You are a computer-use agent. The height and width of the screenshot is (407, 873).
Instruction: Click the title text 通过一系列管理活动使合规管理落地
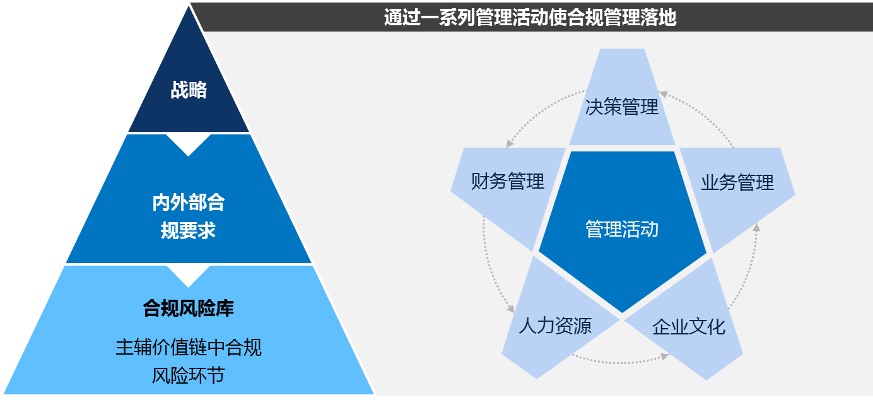pyautogui.click(x=530, y=18)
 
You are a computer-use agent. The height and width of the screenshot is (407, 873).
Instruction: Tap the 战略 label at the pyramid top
pyautogui.click(x=189, y=90)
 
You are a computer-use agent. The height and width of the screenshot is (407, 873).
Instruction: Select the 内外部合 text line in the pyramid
pyautogui.click(x=188, y=203)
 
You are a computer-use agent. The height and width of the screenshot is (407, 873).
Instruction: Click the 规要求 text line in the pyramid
pyautogui.click(x=188, y=230)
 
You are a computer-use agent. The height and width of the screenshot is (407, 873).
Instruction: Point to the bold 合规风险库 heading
pyautogui.click(x=188, y=309)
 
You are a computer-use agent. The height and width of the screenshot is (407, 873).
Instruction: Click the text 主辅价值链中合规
pyautogui.click(x=188, y=347)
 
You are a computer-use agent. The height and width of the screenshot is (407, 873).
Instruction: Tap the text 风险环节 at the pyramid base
pyautogui.click(x=188, y=375)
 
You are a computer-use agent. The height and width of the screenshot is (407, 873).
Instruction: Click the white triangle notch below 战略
pyautogui.click(x=188, y=145)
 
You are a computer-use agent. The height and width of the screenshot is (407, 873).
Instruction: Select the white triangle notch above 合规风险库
pyautogui.click(x=188, y=276)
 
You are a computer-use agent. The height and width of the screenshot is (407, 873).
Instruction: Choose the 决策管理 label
pyautogui.click(x=621, y=107)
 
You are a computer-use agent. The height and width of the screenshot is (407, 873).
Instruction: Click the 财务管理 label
pyautogui.click(x=507, y=181)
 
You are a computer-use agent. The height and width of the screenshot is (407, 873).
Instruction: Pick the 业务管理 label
pyautogui.click(x=737, y=182)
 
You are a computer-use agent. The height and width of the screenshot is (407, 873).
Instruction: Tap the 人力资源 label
pyautogui.click(x=555, y=326)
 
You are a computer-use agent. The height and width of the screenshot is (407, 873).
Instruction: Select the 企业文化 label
pyautogui.click(x=689, y=327)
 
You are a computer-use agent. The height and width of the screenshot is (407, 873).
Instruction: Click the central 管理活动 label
pyautogui.click(x=622, y=229)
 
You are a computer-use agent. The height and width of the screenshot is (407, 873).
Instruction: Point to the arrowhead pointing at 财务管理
pyautogui.click(x=510, y=143)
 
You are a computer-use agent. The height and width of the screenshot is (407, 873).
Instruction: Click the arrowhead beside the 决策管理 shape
pyautogui.click(x=663, y=94)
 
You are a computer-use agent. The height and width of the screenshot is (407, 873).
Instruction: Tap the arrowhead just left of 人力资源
pyautogui.click(x=510, y=309)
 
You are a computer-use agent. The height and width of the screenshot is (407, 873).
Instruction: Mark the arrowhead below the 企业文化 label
pyautogui.click(x=664, y=357)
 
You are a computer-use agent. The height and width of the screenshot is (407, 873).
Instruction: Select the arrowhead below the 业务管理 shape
pyautogui.click(x=756, y=227)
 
